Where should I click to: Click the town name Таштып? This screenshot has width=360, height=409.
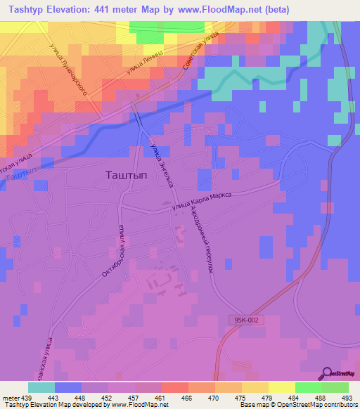(x=126, y=176)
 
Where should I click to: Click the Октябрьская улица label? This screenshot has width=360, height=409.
(x=112, y=252)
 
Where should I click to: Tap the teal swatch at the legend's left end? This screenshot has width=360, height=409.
(x=41, y=387)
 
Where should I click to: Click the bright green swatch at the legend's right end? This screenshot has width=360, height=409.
(x=335, y=387)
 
